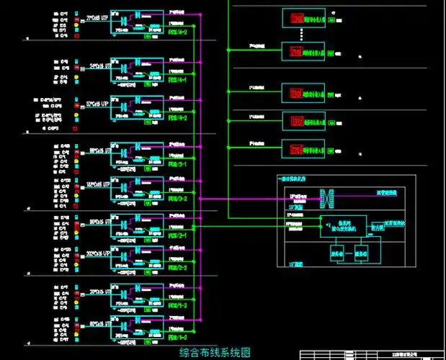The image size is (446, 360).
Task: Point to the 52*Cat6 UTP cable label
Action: point(97,104)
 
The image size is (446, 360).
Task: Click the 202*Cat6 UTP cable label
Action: point(97,253)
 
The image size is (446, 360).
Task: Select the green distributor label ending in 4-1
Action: point(177,80)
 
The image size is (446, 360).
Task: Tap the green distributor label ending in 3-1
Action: point(177,165)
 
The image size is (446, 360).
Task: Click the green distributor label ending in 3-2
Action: point(177,199)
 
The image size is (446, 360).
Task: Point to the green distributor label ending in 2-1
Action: point(177,235)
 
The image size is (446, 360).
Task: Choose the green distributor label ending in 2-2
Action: point(177,267)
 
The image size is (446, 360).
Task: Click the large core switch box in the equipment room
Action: point(342,225)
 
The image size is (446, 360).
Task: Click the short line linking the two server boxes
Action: point(349,253)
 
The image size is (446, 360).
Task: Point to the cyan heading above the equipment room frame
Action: point(291,178)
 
